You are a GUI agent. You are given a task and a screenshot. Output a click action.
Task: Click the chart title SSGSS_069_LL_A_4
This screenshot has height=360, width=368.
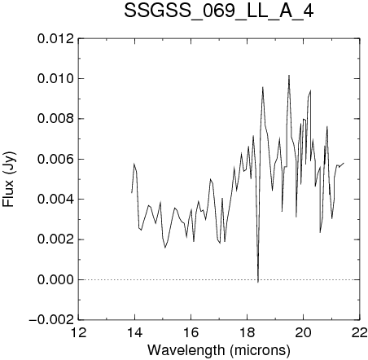coord(219,12)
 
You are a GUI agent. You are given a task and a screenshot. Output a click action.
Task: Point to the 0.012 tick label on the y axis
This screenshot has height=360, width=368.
coord(55,39)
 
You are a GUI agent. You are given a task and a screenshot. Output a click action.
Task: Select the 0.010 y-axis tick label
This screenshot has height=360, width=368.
coord(55,79)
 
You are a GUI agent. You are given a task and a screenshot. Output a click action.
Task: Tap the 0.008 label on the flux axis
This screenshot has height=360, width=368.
coord(55,119)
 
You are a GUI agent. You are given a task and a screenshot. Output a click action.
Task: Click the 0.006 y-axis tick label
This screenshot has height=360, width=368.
coord(55,160)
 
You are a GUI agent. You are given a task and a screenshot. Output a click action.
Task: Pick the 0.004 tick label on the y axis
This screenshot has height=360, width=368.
coord(55,200)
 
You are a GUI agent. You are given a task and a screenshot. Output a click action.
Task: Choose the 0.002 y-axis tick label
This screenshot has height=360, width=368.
coord(55,239)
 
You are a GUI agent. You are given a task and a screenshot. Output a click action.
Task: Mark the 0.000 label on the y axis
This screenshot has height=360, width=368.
coord(55,280)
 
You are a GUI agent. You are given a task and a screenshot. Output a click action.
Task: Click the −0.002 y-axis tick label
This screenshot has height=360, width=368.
coord(51,320)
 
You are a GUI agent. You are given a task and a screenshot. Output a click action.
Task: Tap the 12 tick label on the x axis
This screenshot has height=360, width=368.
coord(78,332)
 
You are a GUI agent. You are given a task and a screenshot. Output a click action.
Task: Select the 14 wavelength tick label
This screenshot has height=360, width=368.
coord(134,332)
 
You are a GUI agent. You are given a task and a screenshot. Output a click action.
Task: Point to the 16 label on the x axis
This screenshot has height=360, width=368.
coord(191,332)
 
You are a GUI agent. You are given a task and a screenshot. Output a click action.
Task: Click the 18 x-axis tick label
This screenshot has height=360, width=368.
coord(247,332)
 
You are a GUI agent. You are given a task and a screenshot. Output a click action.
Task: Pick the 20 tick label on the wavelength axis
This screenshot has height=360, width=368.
coord(303,332)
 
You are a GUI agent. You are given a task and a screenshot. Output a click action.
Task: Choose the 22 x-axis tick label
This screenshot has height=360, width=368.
coord(360,332)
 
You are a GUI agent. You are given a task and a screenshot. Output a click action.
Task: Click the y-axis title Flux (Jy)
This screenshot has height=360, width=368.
coord(9,179)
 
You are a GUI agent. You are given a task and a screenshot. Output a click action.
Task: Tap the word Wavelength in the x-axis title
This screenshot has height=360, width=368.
coord(186,350)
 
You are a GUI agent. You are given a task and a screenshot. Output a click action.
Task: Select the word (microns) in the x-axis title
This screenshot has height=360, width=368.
coord(260,350)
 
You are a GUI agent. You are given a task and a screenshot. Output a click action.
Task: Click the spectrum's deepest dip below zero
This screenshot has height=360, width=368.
coord(258,282)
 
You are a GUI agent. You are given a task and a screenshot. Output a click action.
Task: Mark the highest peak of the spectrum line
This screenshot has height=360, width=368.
coord(289,76)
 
